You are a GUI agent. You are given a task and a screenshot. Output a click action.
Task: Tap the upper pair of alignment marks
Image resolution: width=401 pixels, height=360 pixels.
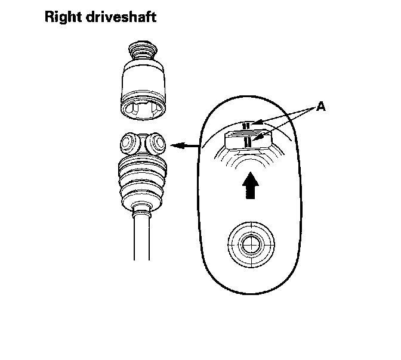pos(246,126)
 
